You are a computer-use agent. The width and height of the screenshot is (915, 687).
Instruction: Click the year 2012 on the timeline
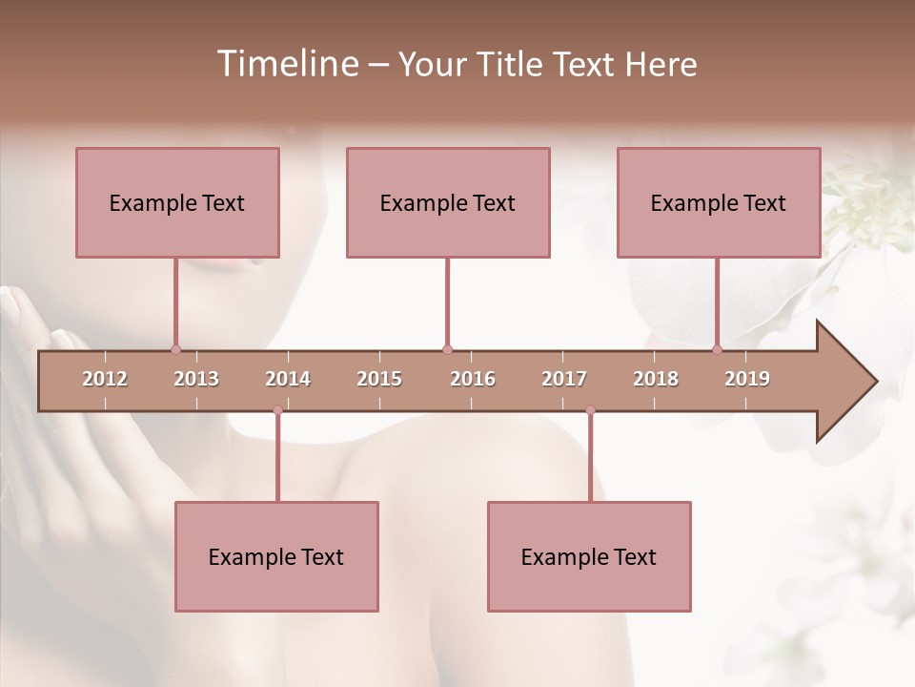(x=105, y=379)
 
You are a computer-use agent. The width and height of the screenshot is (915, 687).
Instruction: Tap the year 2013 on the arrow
(x=196, y=379)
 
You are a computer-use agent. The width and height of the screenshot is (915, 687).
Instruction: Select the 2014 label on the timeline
(x=288, y=379)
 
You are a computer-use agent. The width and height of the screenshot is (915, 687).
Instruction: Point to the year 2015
(x=379, y=379)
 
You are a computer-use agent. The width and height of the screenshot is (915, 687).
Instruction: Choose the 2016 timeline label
(x=473, y=379)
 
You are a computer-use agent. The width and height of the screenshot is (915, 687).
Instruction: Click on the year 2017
(x=564, y=379)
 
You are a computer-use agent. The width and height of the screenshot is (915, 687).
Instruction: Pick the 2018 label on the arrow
(x=656, y=379)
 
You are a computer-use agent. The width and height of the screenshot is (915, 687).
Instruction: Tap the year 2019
(x=747, y=379)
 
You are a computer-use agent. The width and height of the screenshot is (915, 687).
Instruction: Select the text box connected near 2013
(x=177, y=202)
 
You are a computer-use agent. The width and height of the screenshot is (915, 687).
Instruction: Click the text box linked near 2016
(x=448, y=202)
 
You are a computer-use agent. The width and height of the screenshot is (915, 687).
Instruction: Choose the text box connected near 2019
(x=719, y=202)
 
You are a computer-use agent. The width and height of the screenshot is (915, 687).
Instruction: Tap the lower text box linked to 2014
(x=276, y=556)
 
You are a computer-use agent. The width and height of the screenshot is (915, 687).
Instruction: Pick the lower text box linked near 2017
(x=589, y=556)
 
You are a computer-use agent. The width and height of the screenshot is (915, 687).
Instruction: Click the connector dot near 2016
(x=447, y=349)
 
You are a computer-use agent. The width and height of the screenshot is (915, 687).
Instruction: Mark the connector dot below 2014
(x=277, y=409)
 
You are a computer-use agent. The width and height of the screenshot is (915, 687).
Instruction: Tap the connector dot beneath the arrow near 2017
(x=590, y=409)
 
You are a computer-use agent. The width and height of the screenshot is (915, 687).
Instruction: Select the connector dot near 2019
(x=718, y=349)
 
